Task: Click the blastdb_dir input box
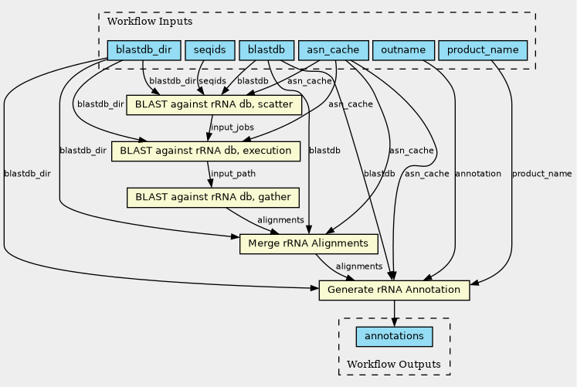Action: (x=144, y=50)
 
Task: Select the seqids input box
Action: (x=210, y=50)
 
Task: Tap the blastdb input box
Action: (x=266, y=50)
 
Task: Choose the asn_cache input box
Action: (x=333, y=50)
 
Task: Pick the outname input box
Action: (x=403, y=50)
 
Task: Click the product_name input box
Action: (x=483, y=50)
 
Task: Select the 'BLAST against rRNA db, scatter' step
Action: (x=214, y=105)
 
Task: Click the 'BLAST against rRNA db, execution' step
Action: (x=205, y=151)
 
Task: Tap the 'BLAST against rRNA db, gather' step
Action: (x=213, y=198)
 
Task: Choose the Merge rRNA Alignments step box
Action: (x=308, y=244)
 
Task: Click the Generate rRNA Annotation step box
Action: (x=394, y=290)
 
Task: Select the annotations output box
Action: (x=394, y=337)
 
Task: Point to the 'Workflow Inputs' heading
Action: (x=150, y=22)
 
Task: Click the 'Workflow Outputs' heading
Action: (x=394, y=364)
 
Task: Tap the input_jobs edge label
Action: (x=232, y=127)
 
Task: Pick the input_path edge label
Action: (x=233, y=174)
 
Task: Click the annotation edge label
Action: (x=478, y=174)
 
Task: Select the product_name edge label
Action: (x=542, y=174)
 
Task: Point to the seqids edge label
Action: (x=212, y=81)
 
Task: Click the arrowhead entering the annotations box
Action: (x=394, y=322)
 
